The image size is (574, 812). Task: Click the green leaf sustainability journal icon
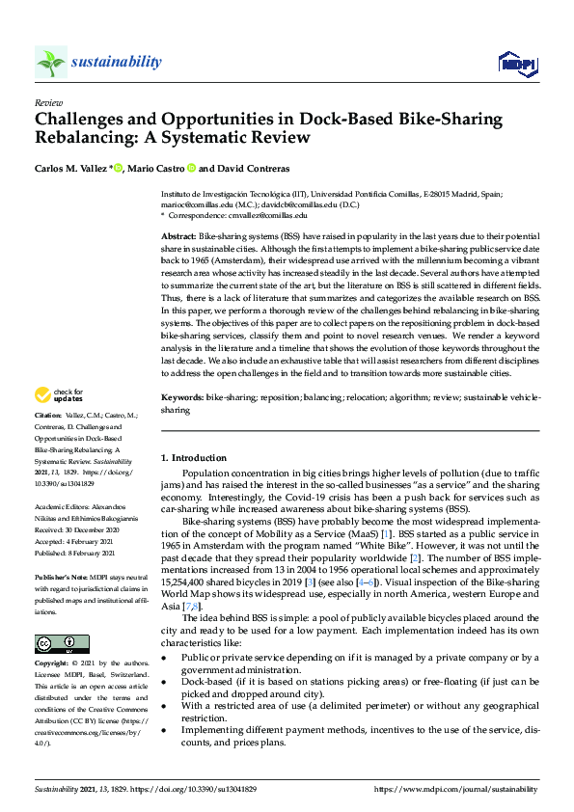click(x=50, y=63)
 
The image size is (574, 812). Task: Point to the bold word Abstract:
click(x=178, y=236)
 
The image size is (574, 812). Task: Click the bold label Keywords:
click(x=182, y=396)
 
